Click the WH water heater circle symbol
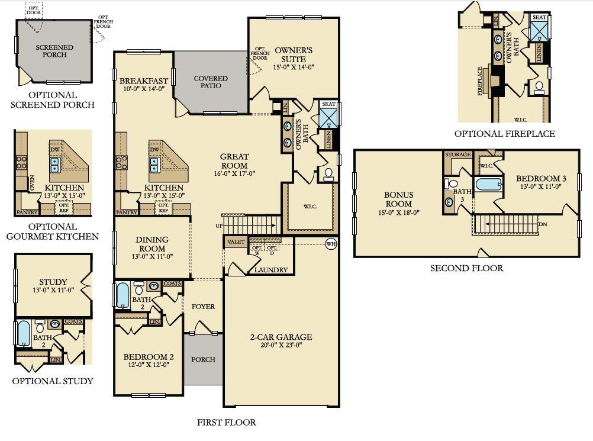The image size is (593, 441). [x=331, y=243]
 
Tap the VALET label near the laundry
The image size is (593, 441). [x=235, y=242]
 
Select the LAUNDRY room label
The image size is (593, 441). [x=270, y=270]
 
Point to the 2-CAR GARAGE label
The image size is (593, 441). [x=280, y=337]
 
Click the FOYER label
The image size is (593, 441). [x=203, y=307]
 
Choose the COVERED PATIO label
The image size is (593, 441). [x=211, y=82]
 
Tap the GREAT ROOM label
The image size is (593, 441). [x=234, y=161]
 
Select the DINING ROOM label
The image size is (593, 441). [x=152, y=244]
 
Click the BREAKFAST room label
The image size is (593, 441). [x=144, y=81]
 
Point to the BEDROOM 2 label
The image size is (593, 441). [x=148, y=357]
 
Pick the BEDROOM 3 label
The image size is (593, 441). [x=540, y=179]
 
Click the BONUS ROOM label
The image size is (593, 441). [x=399, y=199]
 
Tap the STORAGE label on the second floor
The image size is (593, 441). [x=458, y=154]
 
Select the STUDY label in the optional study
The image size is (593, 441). [x=53, y=282]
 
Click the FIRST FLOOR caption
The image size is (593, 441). [x=226, y=423]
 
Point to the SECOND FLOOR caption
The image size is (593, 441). [x=466, y=268]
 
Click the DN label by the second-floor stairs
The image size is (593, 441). [x=543, y=225]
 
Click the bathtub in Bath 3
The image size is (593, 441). [x=489, y=184]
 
